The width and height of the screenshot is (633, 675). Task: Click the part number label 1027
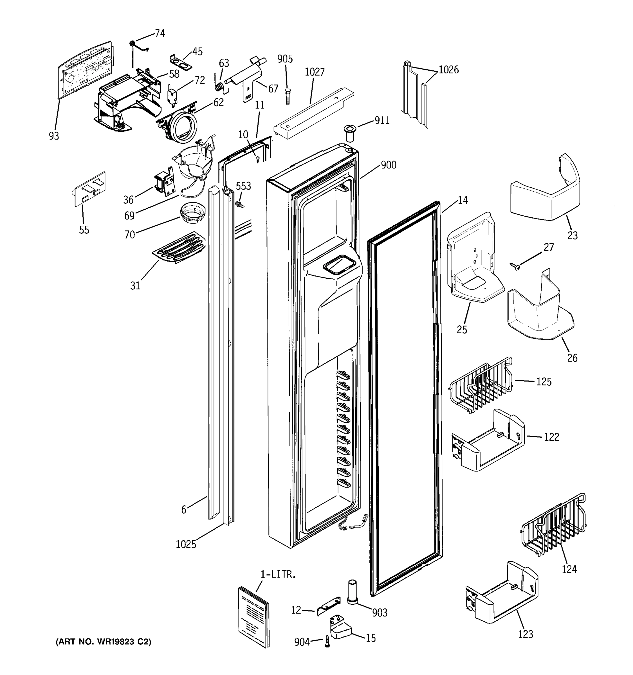[315, 72]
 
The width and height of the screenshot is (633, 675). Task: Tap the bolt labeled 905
[287, 97]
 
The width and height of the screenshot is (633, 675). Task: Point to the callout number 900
[389, 165]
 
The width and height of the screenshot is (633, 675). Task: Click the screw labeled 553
[240, 204]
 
